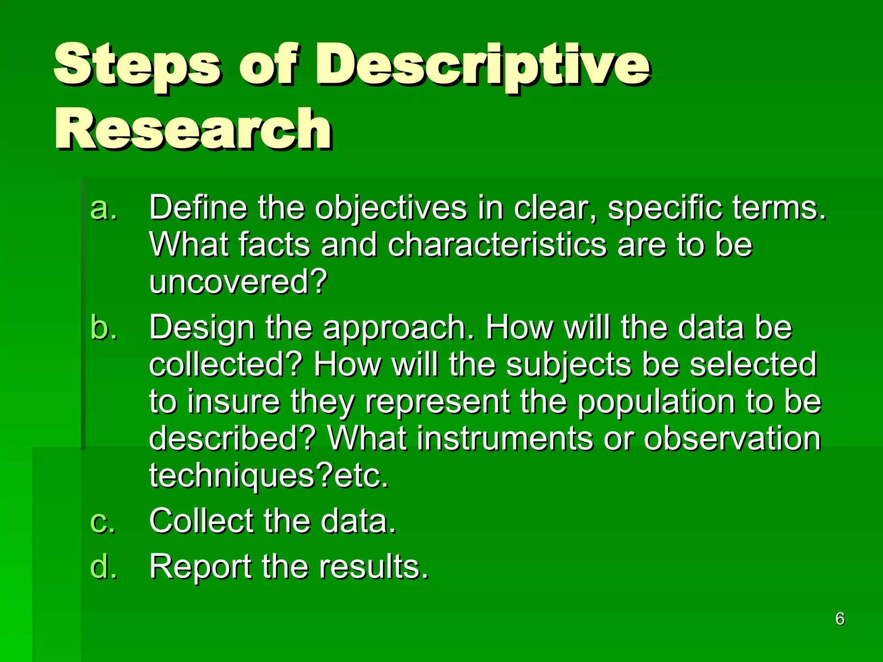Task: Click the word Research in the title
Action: [193, 129]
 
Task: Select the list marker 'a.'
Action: [103, 208]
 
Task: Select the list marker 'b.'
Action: [103, 328]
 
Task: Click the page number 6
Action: [839, 619]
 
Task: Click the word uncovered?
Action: [238, 281]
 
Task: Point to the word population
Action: [656, 402]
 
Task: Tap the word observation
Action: [732, 439]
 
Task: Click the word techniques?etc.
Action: [269, 476]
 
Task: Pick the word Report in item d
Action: [200, 567]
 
